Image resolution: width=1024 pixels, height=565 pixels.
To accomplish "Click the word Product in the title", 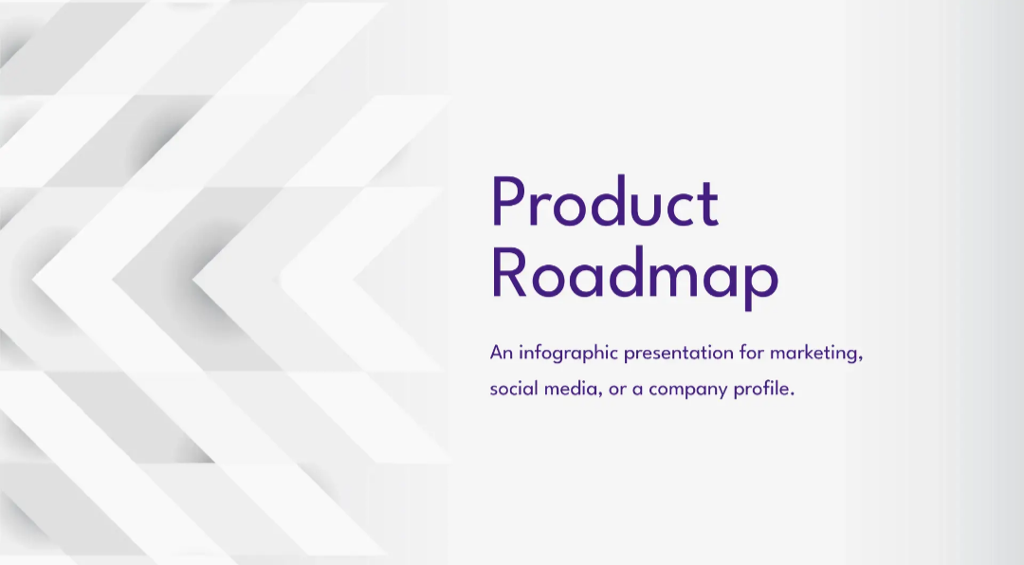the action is point(605,201).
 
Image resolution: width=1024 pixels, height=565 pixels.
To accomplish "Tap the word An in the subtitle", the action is point(501,353).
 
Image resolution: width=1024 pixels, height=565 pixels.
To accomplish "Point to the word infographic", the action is point(568,354).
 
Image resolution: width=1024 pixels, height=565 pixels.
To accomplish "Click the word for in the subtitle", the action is point(752,353).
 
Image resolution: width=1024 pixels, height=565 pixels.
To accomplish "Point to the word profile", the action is point(761,390).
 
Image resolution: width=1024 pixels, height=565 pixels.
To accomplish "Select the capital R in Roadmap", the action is point(508,273).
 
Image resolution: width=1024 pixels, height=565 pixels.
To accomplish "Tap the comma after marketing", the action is point(861,358).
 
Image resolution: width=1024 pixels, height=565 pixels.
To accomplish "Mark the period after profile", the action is point(792,394).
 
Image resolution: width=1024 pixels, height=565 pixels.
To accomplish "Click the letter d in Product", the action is point(613,201).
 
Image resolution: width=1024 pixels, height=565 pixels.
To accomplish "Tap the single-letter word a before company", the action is point(637,391).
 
